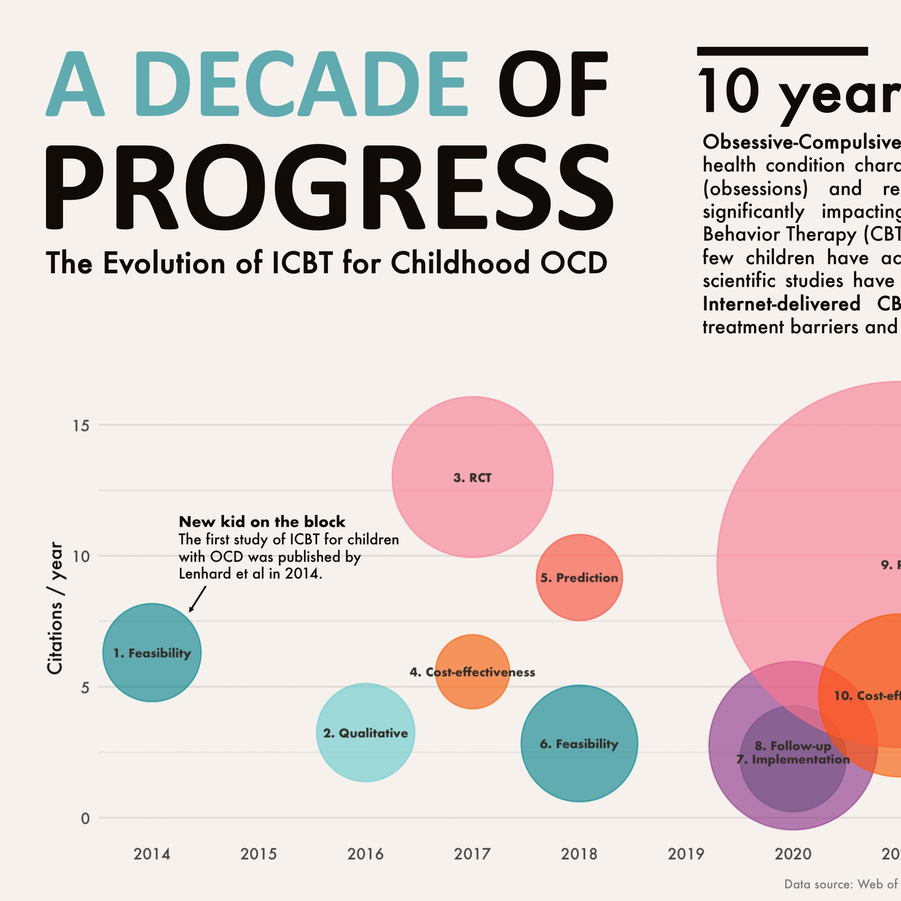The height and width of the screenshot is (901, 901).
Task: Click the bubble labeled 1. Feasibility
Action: point(152,653)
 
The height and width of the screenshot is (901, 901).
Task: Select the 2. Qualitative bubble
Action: point(366,733)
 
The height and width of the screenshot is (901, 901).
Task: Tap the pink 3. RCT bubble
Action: point(473,477)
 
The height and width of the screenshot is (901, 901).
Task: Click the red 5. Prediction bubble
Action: point(579,577)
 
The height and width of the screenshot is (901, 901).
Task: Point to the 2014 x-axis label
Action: point(152,854)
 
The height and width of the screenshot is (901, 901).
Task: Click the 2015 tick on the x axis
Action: point(259,854)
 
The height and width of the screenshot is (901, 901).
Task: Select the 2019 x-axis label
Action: point(686,854)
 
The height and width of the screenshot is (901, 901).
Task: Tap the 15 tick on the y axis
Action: point(81,425)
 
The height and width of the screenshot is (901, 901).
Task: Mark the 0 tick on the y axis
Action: point(85,818)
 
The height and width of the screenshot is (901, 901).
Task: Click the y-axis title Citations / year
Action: point(55,608)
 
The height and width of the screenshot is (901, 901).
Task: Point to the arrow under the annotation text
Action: point(197,599)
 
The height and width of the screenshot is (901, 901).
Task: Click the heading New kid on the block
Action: point(262,521)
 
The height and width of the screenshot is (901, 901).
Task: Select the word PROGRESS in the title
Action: point(329,187)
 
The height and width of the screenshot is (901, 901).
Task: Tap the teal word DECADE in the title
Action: point(301,84)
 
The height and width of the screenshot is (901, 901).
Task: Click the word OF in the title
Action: point(552,84)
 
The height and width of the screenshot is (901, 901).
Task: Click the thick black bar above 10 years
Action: point(782,51)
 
